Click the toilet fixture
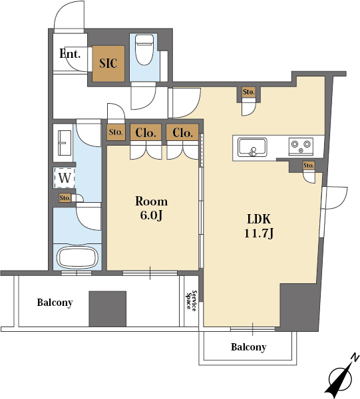tap(144, 50)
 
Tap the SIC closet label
tap(108, 63)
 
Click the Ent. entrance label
tap(70, 54)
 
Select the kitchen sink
tap(252, 147)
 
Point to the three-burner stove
tap(301, 146)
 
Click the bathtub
tap(77, 257)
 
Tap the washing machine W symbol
tap(65, 178)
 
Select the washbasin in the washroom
tap(65, 143)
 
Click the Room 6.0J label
tap(151, 208)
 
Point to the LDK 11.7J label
tap(259, 226)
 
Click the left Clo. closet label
tap(145, 132)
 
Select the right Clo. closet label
tap(182, 132)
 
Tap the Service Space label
tap(192, 301)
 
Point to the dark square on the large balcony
tap(107, 309)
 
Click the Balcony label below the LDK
tap(248, 347)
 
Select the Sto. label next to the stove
tap(309, 166)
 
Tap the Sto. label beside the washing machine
tap(65, 198)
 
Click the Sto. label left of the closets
tap(116, 132)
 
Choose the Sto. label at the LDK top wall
tap(248, 92)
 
